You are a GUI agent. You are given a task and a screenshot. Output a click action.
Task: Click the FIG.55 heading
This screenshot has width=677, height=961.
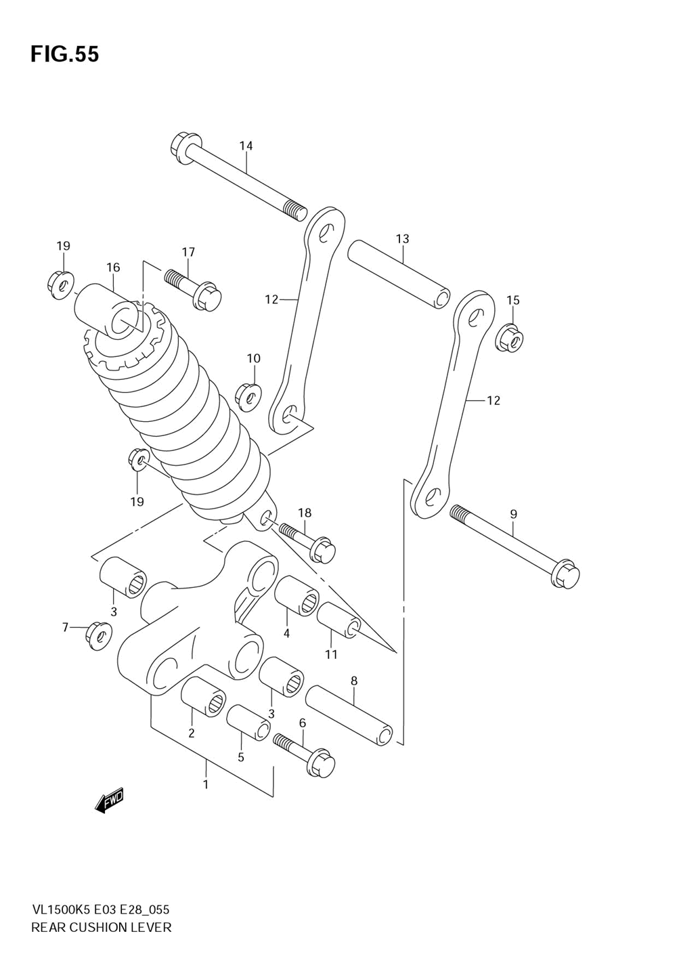(x=64, y=54)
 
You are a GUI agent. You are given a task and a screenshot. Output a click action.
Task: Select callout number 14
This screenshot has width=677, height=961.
(x=246, y=146)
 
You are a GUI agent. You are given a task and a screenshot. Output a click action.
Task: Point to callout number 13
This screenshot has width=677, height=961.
(x=403, y=238)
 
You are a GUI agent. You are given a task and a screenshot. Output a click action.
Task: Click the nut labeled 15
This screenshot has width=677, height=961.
(x=511, y=338)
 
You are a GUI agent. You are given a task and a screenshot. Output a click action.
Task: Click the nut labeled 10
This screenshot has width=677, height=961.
(x=249, y=396)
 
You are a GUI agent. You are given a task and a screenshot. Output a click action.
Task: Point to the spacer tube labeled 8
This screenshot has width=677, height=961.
(x=349, y=715)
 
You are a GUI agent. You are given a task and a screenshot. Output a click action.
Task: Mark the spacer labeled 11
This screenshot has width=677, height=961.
(x=337, y=619)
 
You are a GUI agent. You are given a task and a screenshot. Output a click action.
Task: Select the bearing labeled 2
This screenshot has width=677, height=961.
(x=203, y=693)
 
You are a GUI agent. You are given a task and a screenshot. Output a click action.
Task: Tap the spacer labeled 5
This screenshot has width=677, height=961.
(x=248, y=723)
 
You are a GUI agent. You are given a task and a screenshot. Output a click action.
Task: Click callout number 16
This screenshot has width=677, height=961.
(x=113, y=268)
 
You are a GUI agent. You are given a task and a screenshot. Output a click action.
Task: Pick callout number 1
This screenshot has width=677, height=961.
(x=206, y=784)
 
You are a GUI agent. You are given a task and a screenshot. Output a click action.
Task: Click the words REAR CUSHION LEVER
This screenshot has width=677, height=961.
(x=102, y=927)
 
